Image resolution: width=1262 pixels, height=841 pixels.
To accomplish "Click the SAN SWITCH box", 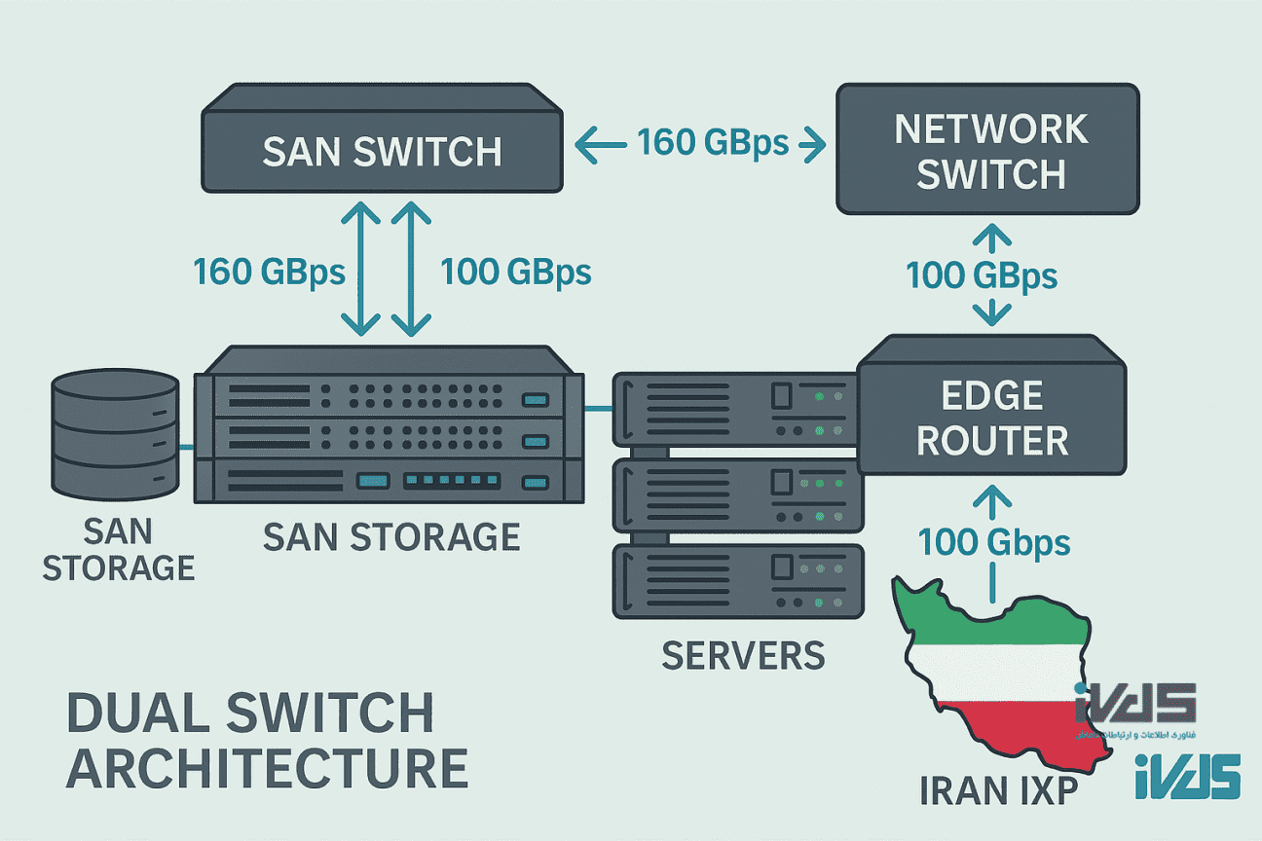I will click(383, 151).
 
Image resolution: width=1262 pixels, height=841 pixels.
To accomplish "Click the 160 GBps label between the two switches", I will click(713, 143).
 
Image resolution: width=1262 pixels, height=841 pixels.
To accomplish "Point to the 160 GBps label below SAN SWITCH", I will click(269, 272).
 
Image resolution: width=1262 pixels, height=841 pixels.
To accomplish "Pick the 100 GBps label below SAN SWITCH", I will click(516, 272).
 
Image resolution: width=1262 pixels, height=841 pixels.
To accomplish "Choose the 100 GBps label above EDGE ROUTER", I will click(982, 275).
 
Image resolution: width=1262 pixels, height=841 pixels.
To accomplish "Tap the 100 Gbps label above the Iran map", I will click(994, 541).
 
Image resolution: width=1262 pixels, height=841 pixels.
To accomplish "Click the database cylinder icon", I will click(115, 435).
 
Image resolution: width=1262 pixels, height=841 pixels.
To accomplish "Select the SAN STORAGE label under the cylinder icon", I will click(117, 549).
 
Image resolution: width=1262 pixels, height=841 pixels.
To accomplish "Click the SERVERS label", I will click(743, 655).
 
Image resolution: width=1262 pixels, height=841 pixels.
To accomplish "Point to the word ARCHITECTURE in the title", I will click(267, 768).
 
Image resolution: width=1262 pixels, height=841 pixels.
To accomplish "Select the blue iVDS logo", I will click(1187, 776).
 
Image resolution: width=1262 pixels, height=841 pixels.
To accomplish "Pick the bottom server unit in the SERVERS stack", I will click(738, 581).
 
